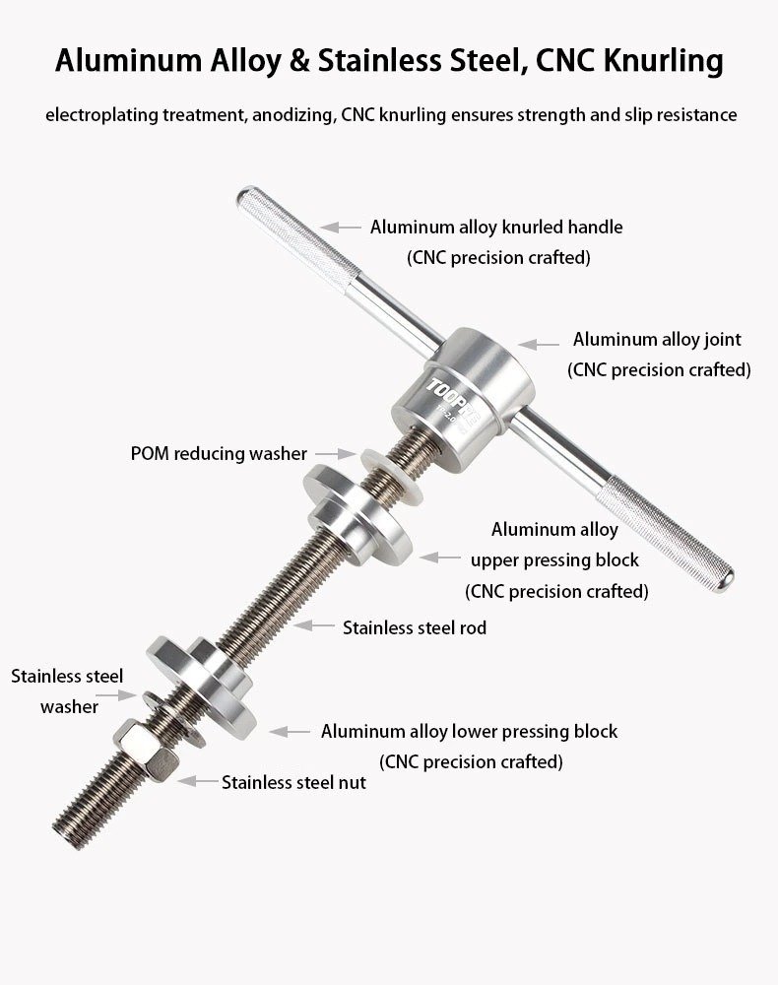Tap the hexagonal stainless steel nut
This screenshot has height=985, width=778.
point(146,750)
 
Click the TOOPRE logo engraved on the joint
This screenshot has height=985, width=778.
point(453,403)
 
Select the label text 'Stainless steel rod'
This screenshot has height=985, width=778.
point(415,627)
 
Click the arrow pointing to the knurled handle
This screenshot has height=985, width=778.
point(341,227)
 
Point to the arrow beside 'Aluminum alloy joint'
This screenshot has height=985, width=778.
point(539,344)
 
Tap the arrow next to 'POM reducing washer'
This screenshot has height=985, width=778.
point(335,453)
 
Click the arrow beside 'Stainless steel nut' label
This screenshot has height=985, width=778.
point(198,781)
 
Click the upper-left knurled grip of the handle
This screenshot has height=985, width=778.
point(298,238)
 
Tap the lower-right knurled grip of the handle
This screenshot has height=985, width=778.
point(666,535)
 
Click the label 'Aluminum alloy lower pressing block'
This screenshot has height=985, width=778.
point(469,731)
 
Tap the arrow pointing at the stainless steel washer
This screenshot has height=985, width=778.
point(115,694)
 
